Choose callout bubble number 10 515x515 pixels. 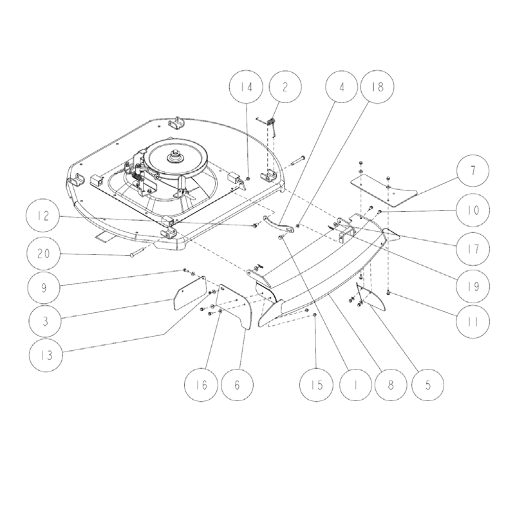click(473, 211)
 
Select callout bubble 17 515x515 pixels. click(473, 247)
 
